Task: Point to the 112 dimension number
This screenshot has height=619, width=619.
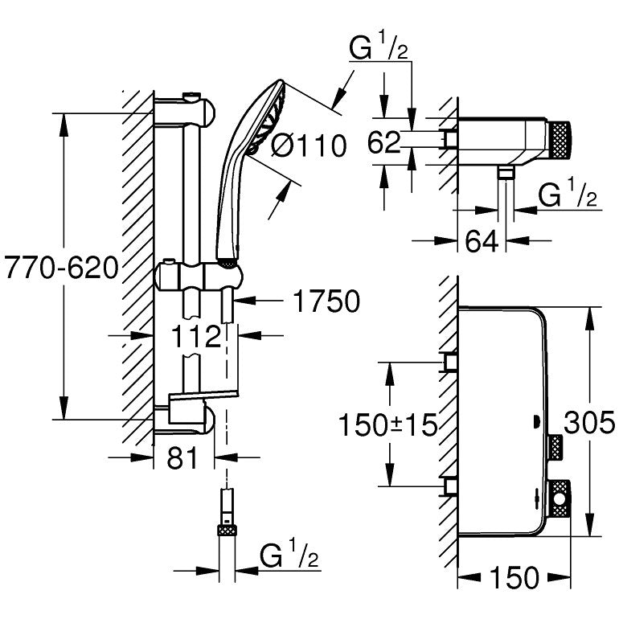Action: tap(195, 337)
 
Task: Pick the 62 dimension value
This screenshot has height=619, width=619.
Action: tap(383, 144)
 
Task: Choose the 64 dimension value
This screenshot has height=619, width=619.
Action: tap(482, 242)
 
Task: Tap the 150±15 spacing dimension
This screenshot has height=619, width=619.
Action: tap(389, 424)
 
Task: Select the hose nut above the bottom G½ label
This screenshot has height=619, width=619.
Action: tap(228, 530)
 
